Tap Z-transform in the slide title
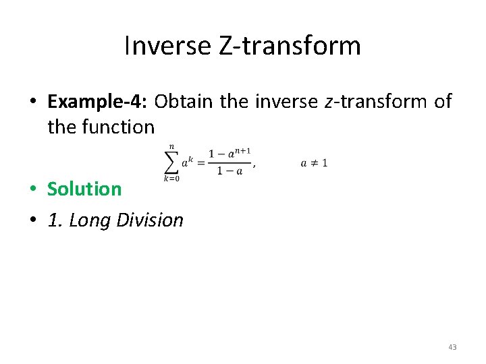[x=290, y=46]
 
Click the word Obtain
[x=182, y=101]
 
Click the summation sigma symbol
[x=171, y=162]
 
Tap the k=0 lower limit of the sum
[x=171, y=179]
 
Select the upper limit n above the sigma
[x=171, y=146]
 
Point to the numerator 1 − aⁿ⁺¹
[x=229, y=154]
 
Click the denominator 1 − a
[x=229, y=171]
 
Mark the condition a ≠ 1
[x=314, y=163]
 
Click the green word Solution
[x=84, y=189]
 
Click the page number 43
[x=452, y=347]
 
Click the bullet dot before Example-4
[x=32, y=102]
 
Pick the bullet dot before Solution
[x=32, y=189]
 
